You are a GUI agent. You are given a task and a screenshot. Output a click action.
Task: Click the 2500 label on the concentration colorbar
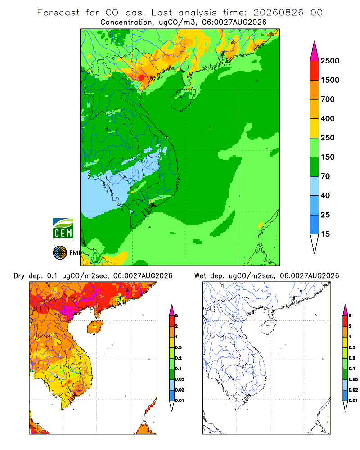[x=330, y=61]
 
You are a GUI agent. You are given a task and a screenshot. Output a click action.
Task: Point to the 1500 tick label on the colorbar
[x=330, y=80]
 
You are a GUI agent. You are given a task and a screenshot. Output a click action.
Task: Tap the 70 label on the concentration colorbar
[x=325, y=176]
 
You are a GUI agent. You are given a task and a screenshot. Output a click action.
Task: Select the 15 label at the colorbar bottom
[x=325, y=234]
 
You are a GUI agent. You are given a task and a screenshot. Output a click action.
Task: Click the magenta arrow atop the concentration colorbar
[x=315, y=52]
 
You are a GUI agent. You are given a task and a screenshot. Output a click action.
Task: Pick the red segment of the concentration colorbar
[x=315, y=71]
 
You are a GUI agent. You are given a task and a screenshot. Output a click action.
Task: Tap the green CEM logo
[x=63, y=229]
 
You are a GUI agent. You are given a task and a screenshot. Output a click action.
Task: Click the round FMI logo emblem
[x=60, y=253]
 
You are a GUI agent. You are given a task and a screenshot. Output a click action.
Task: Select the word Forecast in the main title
[x=58, y=13]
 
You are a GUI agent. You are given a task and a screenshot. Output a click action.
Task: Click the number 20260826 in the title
[x=278, y=13]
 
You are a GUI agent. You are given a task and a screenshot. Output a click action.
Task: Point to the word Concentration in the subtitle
[x=126, y=22]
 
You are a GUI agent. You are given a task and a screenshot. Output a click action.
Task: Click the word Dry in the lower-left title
[x=19, y=276]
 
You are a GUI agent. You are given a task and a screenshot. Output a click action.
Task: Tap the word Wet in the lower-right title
[x=200, y=276]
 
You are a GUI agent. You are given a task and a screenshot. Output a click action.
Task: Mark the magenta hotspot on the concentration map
[x=141, y=77]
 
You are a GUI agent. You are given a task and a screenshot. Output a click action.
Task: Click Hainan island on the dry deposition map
[x=95, y=327]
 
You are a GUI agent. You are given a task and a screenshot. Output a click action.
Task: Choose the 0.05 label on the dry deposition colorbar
[x=180, y=379]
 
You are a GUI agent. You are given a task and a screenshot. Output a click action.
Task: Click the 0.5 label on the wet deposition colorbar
[x=352, y=347]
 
